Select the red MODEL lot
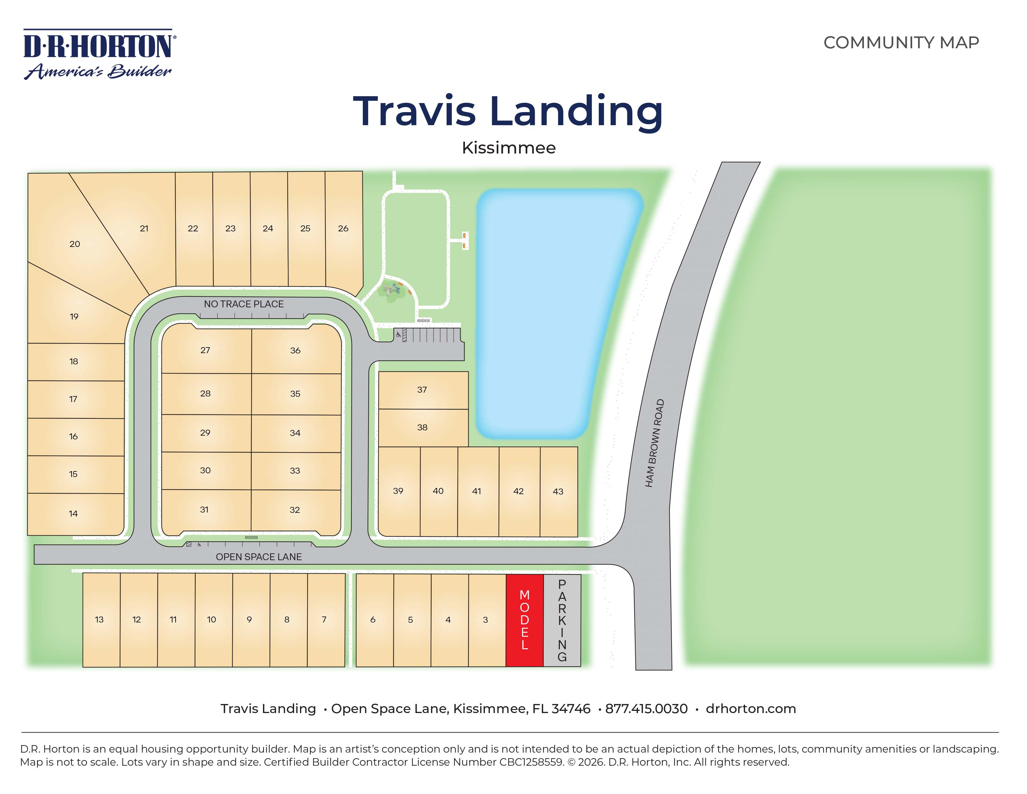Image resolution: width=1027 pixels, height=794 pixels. point(524,620)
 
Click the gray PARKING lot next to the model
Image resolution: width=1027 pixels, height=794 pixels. point(562,620)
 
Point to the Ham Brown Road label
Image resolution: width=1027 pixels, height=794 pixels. point(654,443)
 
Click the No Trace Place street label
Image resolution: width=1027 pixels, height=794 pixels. point(244,304)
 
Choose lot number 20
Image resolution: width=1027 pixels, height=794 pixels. point(75,244)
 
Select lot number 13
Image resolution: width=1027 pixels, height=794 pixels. point(99,620)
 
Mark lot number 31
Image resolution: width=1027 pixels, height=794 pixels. point(204,509)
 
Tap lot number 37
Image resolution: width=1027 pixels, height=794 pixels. point(422,390)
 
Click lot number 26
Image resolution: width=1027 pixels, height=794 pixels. point(343,228)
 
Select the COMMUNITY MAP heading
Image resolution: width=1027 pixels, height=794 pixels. point(901,43)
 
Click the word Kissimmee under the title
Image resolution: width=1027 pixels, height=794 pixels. point(509,148)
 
